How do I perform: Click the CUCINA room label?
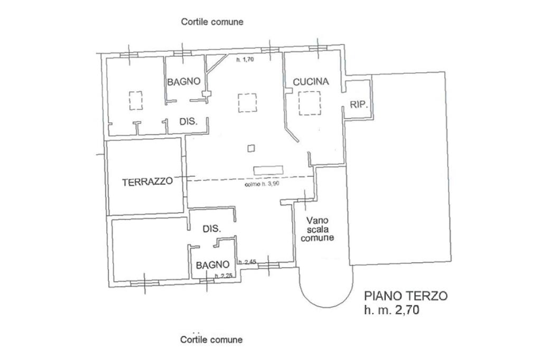pyautogui.click(x=311, y=82)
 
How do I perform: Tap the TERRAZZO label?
pyautogui.click(x=147, y=182)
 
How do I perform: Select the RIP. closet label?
pyautogui.click(x=358, y=105)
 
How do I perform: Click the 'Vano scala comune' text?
pyautogui.click(x=317, y=229)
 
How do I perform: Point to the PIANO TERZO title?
pyautogui.click(x=406, y=296)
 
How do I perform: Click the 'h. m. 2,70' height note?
pyautogui.click(x=392, y=311)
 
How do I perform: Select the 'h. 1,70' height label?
pyautogui.click(x=246, y=60)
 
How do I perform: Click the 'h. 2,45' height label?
pyautogui.click(x=247, y=262)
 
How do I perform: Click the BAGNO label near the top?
pyautogui.click(x=184, y=81)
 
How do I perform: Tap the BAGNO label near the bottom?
pyautogui.click(x=212, y=265)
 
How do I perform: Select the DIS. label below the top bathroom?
pyautogui.click(x=189, y=121)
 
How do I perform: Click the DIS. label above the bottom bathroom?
pyautogui.click(x=211, y=229)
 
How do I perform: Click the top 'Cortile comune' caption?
pyautogui.click(x=212, y=22)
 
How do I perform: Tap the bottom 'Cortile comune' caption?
pyautogui.click(x=211, y=339)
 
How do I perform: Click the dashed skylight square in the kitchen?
pyautogui.click(x=309, y=103)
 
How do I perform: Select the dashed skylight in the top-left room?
pyautogui.click(x=135, y=100)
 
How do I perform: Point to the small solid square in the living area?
pyautogui.click(x=251, y=148)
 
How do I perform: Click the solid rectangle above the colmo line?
pyautogui.click(x=269, y=170)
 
